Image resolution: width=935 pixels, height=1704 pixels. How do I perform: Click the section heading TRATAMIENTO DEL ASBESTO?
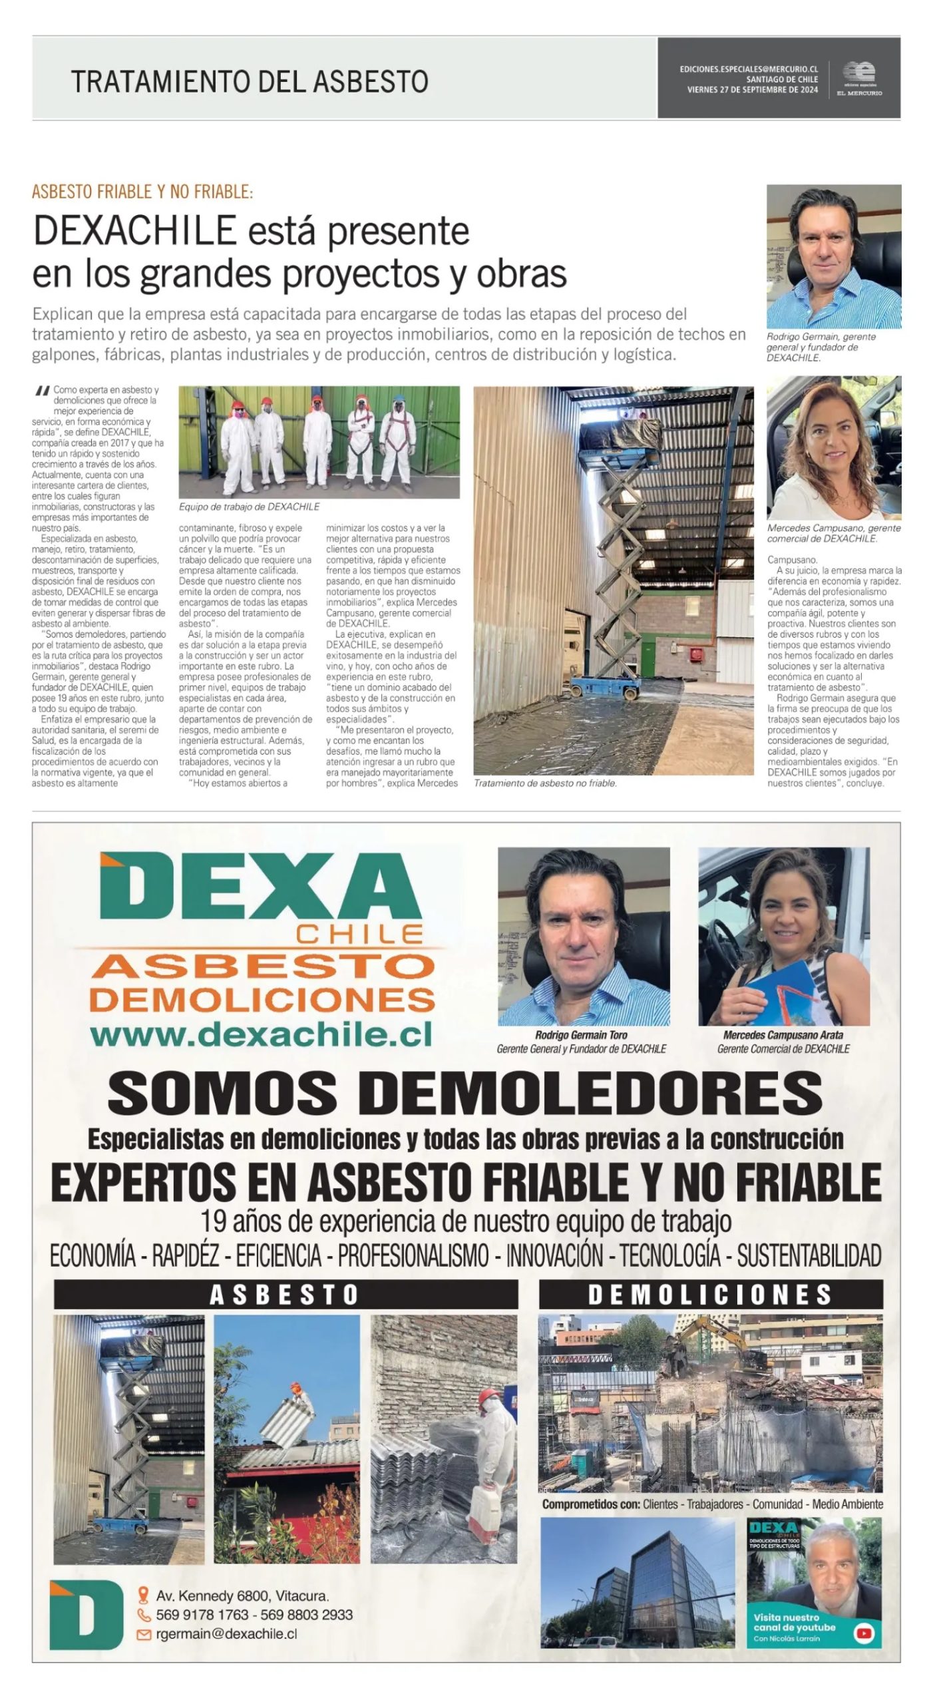point(250,81)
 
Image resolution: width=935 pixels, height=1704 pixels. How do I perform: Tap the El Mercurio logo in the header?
point(859,79)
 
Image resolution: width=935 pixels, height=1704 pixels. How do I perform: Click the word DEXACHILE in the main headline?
point(135,231)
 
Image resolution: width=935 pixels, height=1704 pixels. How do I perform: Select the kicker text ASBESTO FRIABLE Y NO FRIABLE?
point(142,192)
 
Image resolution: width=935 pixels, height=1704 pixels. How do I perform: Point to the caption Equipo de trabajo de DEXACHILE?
point(249,507)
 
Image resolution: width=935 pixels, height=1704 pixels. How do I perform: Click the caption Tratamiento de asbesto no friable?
point(545,783)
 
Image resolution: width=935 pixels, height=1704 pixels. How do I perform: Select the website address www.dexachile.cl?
point(261,1034)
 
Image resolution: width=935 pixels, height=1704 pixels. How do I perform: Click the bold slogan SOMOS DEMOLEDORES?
point(465,1094)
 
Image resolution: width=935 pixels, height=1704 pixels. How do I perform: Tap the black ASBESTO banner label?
point(285,1295)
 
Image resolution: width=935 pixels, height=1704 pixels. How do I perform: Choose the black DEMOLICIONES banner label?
point(710,1295)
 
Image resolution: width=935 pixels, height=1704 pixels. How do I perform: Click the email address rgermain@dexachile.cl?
point(226,1633)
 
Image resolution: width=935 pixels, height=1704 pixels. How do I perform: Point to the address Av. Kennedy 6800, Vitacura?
point(242,1596)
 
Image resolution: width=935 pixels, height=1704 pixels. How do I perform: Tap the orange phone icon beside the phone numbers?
point(144,1615)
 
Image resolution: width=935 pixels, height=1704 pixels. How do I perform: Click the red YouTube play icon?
point(863,1633)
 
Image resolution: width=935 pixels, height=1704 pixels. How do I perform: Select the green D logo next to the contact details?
point(87,1614)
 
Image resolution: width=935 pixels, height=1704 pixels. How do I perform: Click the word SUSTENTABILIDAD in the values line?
point(809,1255)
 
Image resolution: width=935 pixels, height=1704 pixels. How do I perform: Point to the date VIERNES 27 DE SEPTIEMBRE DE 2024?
point(752,90)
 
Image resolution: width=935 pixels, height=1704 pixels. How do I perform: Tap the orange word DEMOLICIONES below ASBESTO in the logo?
point(262,999)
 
